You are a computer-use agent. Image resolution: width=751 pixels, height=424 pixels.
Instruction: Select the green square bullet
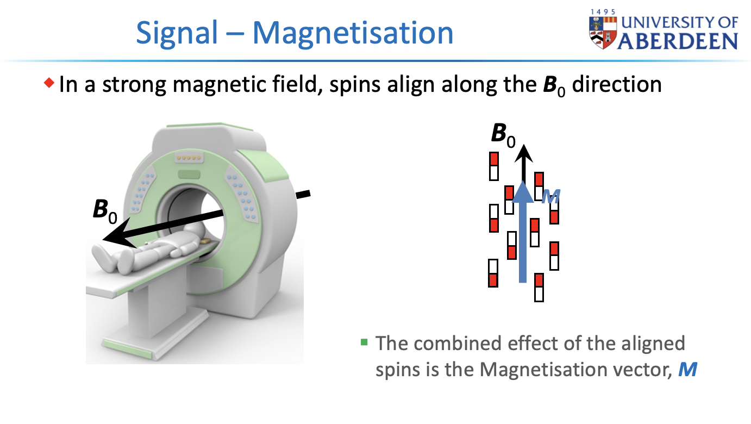364,342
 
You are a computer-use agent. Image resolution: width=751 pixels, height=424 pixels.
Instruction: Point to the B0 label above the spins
502,134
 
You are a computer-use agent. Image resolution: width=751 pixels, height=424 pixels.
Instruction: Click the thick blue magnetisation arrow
523,239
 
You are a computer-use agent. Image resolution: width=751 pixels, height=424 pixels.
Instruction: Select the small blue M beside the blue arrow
552,197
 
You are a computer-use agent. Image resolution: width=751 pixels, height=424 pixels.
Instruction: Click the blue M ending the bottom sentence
687,370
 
